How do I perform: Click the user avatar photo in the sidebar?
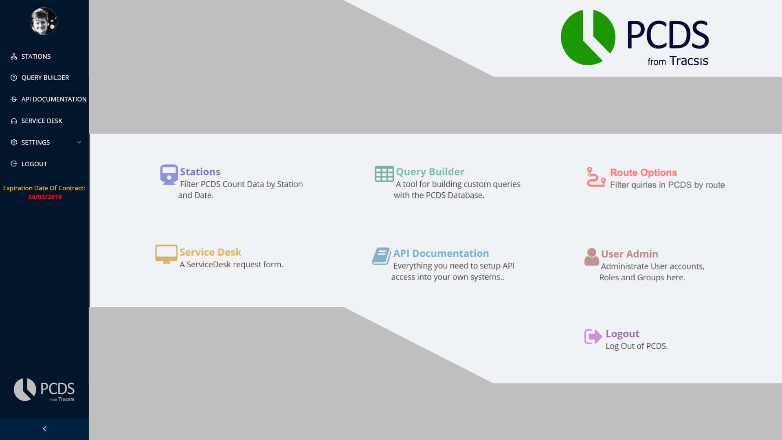44,21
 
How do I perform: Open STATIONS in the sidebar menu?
36,56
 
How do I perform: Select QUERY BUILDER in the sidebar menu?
45,77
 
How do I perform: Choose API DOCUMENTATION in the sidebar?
54,99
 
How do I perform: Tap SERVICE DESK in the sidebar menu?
42,121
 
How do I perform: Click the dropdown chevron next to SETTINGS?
79,142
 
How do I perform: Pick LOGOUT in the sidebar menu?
34,164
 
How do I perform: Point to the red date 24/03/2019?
45,197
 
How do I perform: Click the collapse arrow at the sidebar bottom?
45,429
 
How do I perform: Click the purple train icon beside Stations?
169,174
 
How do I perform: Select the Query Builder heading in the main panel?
430,172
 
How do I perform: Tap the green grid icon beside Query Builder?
384,174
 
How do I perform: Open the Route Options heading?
644,172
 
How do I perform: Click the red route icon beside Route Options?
596,177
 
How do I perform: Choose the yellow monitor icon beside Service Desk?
166,254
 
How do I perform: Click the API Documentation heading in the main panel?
441,253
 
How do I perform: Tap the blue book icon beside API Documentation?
381,256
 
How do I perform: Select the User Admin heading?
630,254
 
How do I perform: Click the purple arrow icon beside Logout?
593,337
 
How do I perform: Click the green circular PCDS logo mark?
588,37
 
